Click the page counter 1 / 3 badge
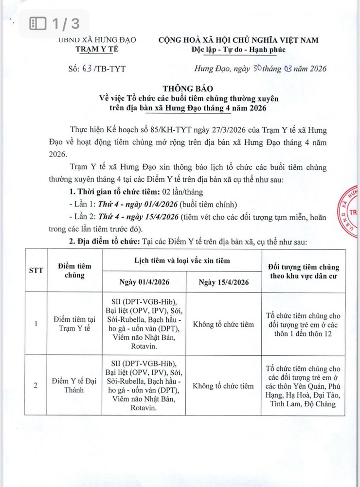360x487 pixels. [54, 23]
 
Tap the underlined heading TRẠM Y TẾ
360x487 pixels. [97, 49]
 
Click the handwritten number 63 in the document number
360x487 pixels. [87, 69]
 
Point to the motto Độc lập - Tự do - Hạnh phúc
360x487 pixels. [238, 50]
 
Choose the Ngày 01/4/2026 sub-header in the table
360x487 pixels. [144, 282]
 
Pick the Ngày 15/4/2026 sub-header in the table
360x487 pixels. [223, 282]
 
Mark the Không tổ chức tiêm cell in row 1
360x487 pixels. [223, 324]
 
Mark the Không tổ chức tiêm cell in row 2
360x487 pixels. [223, 386]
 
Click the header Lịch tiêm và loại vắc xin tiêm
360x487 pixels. [181, 261]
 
